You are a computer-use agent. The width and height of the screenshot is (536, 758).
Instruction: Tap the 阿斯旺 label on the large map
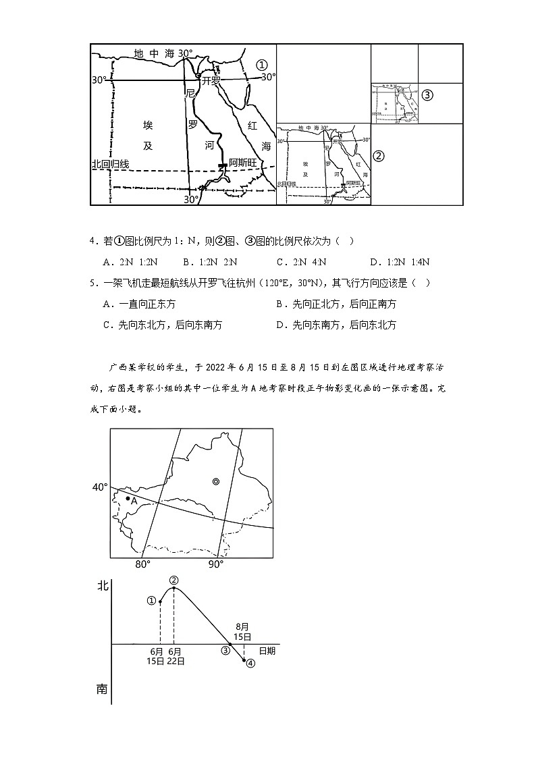pyautogui.click(x=244, y=163)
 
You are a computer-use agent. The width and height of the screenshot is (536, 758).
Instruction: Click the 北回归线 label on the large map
pyautogui.click(x=110, y=164)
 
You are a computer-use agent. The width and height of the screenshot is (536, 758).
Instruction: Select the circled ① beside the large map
pyautogui.click(x=262, y=64)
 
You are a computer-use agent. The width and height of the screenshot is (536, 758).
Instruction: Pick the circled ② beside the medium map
pyautogui.click(x=379, y=156)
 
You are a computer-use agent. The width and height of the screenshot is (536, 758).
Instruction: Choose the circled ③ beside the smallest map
pyautogui.click(x=427, y=95)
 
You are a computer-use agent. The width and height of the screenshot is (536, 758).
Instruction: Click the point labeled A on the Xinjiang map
pyautogui.click(x=128, y=498)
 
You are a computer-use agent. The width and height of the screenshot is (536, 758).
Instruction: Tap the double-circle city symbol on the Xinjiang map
pyautogui.click(x=215, y=481)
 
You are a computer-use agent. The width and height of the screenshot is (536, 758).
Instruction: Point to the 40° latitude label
pyautogui.click(x=100, y=487)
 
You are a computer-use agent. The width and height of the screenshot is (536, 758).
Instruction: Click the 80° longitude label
pyautogui.click(x=142, y=565)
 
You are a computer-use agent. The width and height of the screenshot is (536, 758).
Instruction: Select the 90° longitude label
pyautogui.click(x=215, y=565)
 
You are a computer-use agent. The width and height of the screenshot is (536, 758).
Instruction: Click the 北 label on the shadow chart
pyautogui.click(x=102, y=587)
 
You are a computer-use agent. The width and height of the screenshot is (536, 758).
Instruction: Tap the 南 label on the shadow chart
pyautogui.click(x=102, y=689)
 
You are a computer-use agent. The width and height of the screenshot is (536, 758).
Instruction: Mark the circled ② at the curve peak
pyautogui.click(x=174, y=580)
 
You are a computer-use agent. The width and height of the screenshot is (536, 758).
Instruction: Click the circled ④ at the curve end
pyautogui.click(x=250, y=663)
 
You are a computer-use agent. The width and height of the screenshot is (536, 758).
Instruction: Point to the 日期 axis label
pyautogui.click(x=267, y=651)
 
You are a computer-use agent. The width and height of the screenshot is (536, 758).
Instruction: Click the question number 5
pyautogui.click(x=92, y=283)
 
